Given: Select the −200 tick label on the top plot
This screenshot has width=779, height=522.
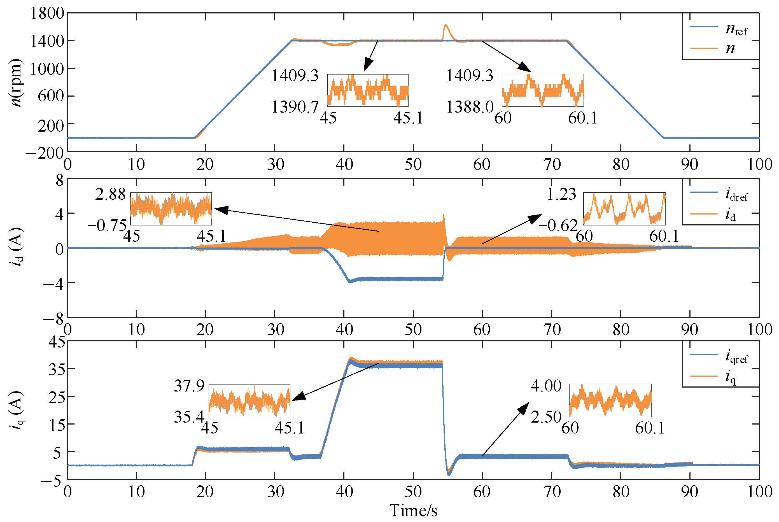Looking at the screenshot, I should coord(45,153).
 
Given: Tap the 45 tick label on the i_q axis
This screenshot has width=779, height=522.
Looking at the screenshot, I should coord(57,342).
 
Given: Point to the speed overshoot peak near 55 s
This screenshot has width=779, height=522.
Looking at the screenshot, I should coord(446,25).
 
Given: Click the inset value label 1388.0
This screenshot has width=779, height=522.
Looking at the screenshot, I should coord(469,107).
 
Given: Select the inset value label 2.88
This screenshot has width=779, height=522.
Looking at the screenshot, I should coord(110,194).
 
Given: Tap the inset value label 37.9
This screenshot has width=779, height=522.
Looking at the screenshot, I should coord(189,386).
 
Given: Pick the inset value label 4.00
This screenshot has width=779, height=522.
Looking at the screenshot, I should coord(546,386).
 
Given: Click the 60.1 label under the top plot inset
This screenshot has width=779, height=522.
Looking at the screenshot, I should coord(583,118).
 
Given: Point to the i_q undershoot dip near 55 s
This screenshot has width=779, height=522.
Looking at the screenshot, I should coord(449,475).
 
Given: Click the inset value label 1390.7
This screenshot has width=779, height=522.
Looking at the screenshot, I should coord(295,107).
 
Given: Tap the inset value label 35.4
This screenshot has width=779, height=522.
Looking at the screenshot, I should coord(189,417).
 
